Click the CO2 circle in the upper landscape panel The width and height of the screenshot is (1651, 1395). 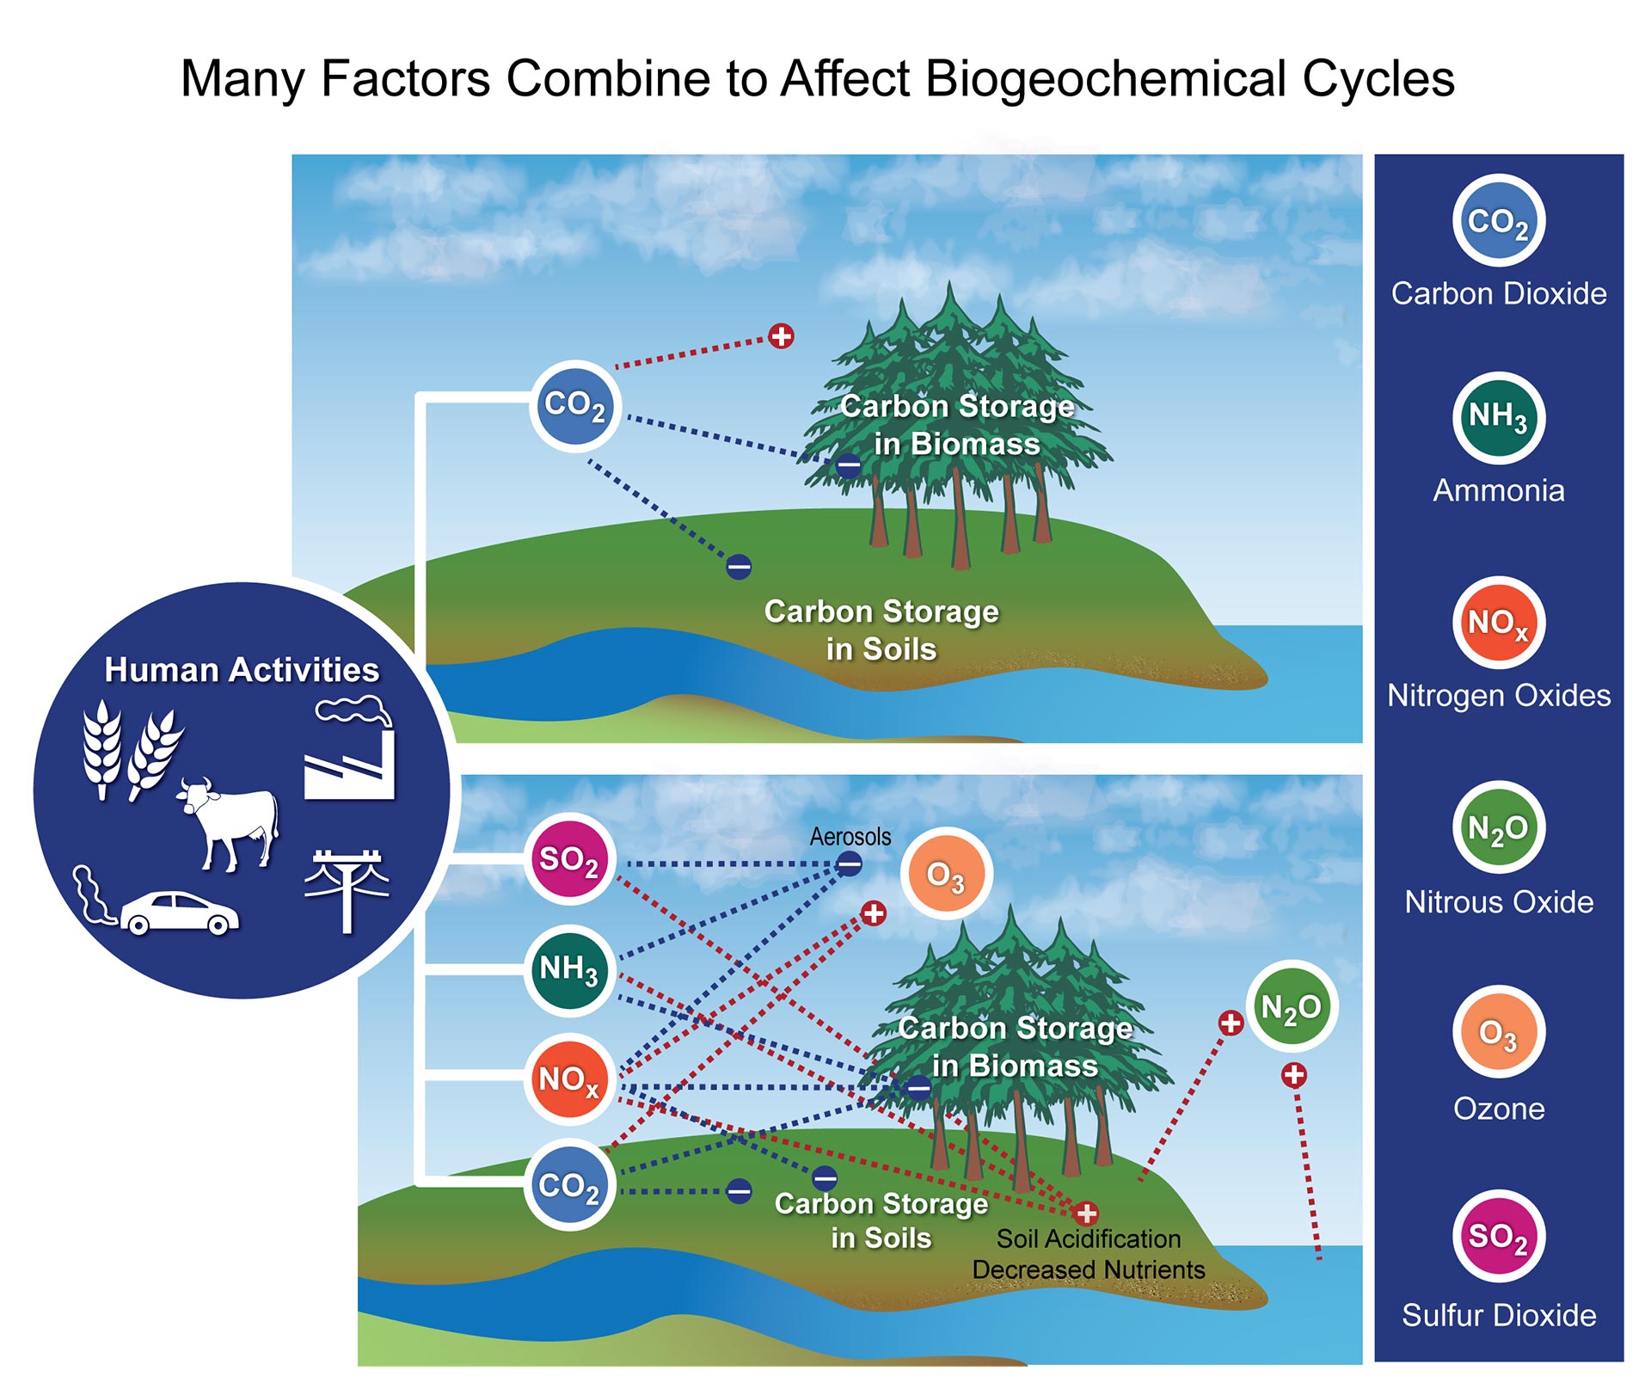pos(574,406)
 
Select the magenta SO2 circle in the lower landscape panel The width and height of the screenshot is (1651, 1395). pos(569,858)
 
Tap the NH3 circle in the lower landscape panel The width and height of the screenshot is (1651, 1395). pos(569,969)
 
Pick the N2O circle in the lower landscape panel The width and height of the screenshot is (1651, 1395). pos(1291,1006)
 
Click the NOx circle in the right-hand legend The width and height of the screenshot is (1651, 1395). pos(1499,623)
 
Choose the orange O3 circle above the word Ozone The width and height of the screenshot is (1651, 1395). pos(1499,1032)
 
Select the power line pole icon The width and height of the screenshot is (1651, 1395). pos(347,891)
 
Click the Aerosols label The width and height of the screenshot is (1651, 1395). pos(850,837)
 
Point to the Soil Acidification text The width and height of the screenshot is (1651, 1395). pos(1089,1238)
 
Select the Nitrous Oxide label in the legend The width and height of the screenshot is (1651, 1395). pos(1499,902)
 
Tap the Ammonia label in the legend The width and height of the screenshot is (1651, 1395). pos(1499,490)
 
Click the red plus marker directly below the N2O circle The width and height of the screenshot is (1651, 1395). pos(1294,1074)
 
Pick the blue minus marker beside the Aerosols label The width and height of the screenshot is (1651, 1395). pos(849,863)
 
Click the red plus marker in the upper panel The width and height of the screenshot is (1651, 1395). pos(781,335)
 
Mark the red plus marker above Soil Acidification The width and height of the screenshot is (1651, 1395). pos(1086,1213)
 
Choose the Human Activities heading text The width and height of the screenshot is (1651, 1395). pos(242,670)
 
